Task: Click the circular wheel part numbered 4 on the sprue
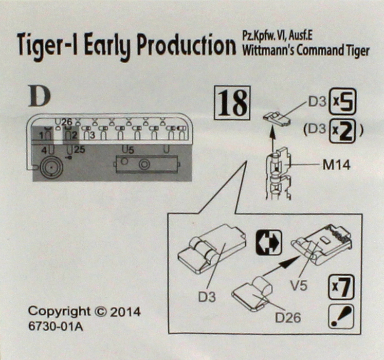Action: [x=50, y=168]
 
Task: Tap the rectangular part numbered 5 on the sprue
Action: [x=147, y=164]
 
